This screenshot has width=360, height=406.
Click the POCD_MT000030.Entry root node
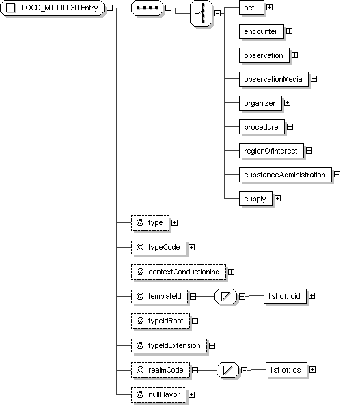click(52, 8)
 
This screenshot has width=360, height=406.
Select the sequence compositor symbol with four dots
click(148, 8)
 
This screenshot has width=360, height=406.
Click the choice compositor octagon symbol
click(201, 13)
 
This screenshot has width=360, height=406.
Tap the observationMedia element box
click(274, 79)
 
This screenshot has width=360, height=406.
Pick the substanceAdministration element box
click(285, 175)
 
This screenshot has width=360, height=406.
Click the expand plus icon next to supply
click(277, 199)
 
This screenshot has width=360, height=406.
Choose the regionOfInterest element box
click(271, 151)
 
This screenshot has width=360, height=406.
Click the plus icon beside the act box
click(270, 8)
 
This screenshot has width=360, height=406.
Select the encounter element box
click(261, 31)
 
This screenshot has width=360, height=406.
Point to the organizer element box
click(260, 103)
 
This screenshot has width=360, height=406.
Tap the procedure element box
click(262, 127)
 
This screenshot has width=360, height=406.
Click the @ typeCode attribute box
click(158, 247)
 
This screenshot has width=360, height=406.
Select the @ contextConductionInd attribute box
click(178, 272)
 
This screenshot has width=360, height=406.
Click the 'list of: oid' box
click(285, 296)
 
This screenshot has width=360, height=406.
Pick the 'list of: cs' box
click(286, 370)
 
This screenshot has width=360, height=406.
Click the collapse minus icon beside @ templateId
click(193, 296)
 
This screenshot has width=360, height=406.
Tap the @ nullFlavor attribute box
click(158, 394)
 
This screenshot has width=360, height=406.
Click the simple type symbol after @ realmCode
click(227, 370)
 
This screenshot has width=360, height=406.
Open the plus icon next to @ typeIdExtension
click(212, 346)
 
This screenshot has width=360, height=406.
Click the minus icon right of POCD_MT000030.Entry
click(109, 8)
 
